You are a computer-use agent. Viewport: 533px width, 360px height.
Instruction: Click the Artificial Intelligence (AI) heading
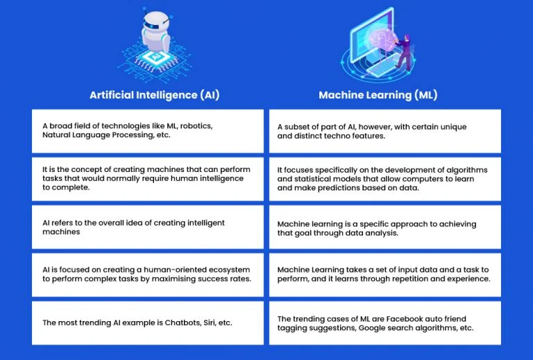tap(155, 95)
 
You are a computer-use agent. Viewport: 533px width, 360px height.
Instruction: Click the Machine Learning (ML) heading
tap(378, 95)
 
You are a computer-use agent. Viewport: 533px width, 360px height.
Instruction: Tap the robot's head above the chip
tap(156, 22)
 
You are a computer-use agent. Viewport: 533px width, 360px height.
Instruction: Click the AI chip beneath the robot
tap(156, 56)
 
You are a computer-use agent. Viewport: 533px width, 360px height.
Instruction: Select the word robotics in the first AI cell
tap(196, 126)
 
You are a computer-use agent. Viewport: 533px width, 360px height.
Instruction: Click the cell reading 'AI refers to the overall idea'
tap(148, 227)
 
